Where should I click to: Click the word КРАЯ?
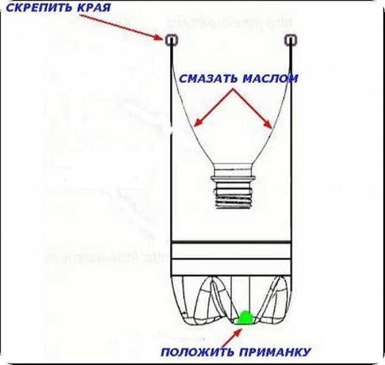coord(93,8)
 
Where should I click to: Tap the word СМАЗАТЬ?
coord(209,79)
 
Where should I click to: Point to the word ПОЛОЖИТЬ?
coord(194,352)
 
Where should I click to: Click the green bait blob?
coord(244,318)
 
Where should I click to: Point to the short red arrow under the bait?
coord(236,333)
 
